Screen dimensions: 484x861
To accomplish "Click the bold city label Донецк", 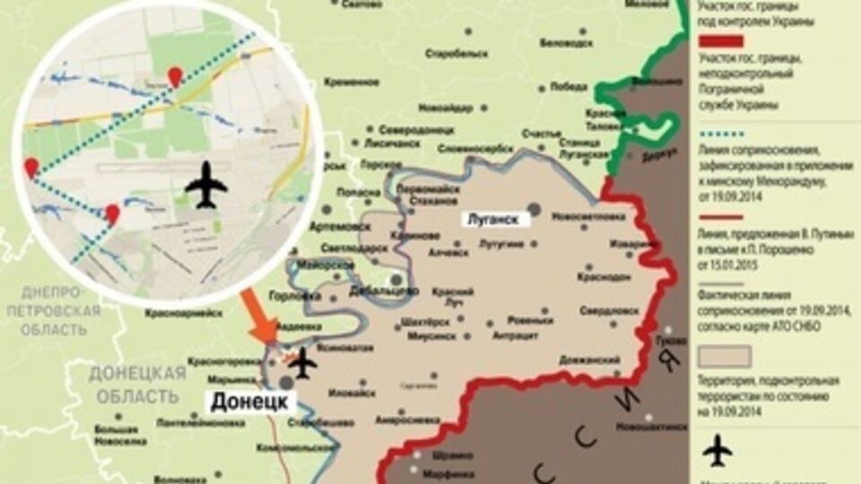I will click(249, 402).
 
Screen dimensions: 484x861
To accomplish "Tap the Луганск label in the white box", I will click(492, 219).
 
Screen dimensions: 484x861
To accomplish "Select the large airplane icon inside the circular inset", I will click(206, 185).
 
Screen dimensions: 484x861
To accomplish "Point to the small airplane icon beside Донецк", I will click(304, 362).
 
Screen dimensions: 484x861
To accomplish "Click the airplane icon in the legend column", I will click(717, 450).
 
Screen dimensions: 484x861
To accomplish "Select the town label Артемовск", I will click(335, 227).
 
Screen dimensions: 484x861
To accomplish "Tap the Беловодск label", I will click(569, 42).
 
